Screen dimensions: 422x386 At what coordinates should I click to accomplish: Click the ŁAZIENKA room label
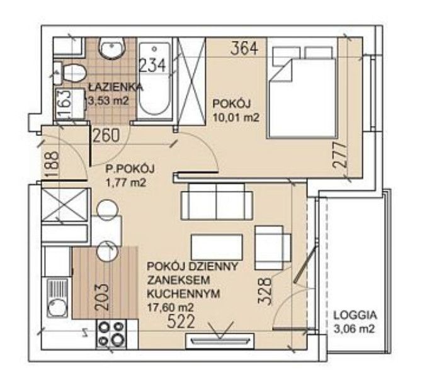pyautogui.click(x=116, y=87)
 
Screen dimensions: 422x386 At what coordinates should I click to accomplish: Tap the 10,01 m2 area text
pyautogui.click(x=236, y=117)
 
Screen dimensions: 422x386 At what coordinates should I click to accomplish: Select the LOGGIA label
pyautogui.click(x=355, y=315)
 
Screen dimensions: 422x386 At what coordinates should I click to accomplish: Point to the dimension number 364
pyautogui.click(x=244, y=48)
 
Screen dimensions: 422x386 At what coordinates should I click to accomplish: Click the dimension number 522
pyautogui.click(x=181, y=321)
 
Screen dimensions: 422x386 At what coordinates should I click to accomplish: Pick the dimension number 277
pyautogui.click(x=339, y=156)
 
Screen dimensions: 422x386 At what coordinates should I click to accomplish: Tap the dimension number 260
pyautogui.click(x=106, y=135)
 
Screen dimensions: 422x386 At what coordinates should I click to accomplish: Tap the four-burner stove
pyautogui.click(x=111, y=334)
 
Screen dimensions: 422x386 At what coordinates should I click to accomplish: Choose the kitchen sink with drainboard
pyautogui.click(x=57, y=298)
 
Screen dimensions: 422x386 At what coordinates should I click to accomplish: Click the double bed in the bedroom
pyautogui.click(x=302, y=92)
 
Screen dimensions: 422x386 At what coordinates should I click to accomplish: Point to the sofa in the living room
pyautogui.click(x=217, y=202)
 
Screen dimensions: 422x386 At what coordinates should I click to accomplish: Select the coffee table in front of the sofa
pyautogui.click(x=217, y=247)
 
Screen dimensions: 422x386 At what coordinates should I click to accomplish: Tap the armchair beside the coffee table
pyautogui.click(x=273, y=247)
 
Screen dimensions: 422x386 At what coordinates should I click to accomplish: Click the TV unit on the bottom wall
pyautogui.click(x=220, y=341)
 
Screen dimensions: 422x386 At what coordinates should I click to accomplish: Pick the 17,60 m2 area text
pyautogui.click(x=170, y=307)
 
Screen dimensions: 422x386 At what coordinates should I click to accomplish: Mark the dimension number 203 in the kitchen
pyautogui.click(x=102, y=298)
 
